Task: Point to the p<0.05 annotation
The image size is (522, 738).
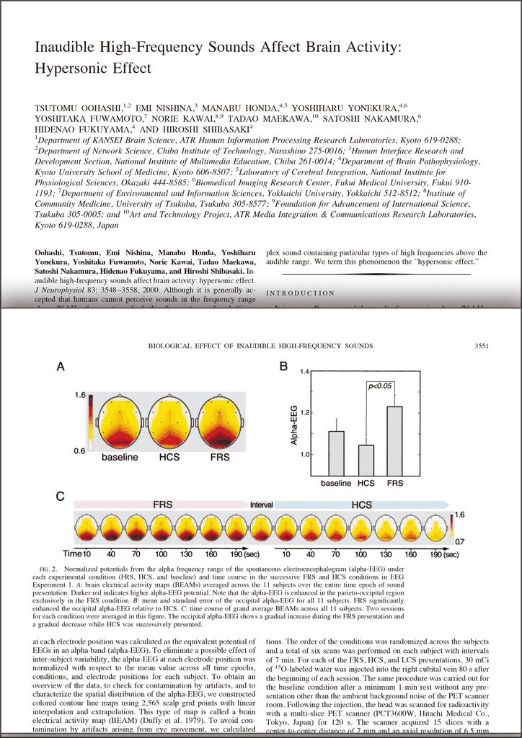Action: click(380, 386)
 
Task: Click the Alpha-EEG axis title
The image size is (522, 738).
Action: click(293, 424)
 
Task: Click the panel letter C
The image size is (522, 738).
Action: click(62, 497)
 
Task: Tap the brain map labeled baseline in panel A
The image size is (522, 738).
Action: click(119, 421)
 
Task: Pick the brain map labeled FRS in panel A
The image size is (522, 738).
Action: click(220, 421)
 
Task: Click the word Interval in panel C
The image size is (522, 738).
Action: click(261, 505)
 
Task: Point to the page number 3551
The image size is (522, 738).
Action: click(482, 347)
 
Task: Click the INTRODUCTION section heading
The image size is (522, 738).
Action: click(300, 293)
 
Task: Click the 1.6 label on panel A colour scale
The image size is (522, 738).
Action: click(80, 395)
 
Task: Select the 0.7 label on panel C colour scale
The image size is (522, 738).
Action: click(459, 540)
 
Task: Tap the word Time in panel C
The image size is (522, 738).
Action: click(71, 554)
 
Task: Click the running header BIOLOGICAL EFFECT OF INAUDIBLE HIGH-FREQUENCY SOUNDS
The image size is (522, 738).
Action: click(260, 347)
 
